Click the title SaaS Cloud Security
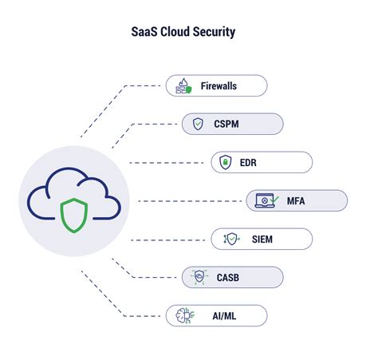coord(183,34)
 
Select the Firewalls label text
coord(219,85)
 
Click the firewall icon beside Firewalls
coord(183,85)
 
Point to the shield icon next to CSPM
coord(199,124)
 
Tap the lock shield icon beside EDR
coord(225,163)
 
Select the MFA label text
coord(296,200)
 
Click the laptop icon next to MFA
coord(266,200)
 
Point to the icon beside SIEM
coord(230,239)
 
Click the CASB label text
coord(228,277)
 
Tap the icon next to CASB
coord(199,277)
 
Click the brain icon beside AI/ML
coord(183,315)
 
